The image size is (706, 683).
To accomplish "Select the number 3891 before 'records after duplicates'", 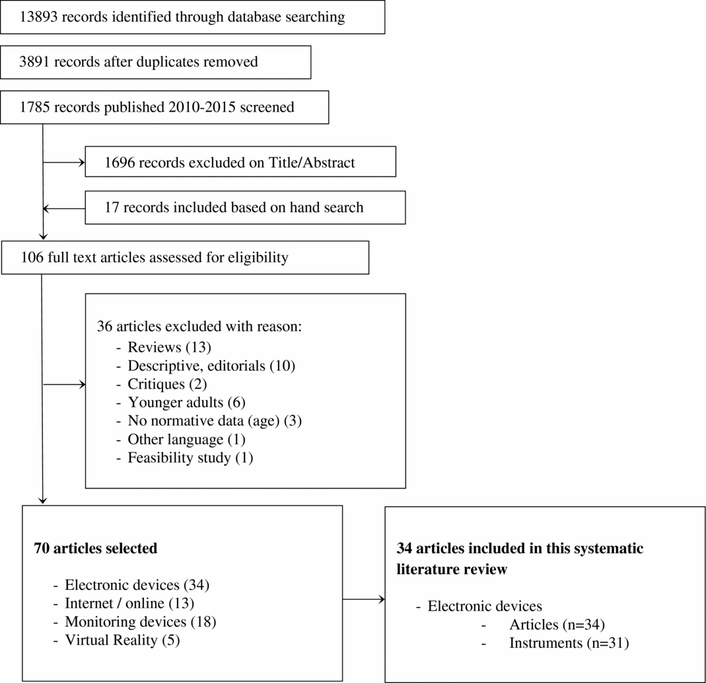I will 35,62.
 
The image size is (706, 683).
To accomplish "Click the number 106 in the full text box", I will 32,257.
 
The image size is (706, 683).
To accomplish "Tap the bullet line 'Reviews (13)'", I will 169,347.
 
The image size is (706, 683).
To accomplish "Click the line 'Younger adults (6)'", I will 186,402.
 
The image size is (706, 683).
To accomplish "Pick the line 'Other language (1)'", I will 186,439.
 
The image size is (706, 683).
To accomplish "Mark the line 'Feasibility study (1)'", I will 190,458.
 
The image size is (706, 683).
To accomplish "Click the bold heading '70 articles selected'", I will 95,548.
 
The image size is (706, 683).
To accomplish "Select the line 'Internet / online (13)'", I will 129,603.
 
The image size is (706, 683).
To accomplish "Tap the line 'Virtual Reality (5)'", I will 122,640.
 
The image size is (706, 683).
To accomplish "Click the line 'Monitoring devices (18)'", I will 140,622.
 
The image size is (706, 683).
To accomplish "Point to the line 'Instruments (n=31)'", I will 569,643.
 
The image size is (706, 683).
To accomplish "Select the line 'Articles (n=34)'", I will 557,624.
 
